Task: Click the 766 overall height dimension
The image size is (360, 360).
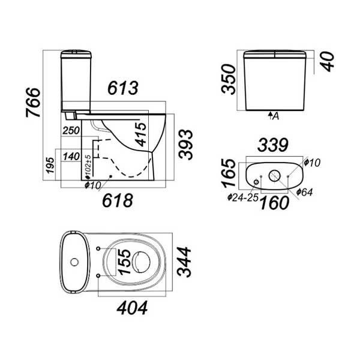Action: tap(33, 102)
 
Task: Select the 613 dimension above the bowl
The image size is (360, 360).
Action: tap(123, 88)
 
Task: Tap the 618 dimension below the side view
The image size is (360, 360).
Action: tap(118, 200)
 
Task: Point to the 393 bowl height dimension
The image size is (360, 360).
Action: tap(185, 144)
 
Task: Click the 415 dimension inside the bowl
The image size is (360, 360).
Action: tap(141, 134)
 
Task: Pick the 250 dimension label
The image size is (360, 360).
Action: tap(71, 130)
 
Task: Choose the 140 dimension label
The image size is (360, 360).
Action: tap(71, 157)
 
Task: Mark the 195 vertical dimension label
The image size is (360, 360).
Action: tap(50, 165)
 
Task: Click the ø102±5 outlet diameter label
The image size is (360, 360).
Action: tap(88, 167)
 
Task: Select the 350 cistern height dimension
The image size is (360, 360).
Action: tap(228, 79)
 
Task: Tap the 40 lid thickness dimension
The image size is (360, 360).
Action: tap(328, 62)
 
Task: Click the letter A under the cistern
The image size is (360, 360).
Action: tap(276, 116)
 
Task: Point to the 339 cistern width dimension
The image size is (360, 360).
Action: tap(273, 145)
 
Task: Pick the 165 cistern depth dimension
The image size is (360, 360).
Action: tap(229, 173)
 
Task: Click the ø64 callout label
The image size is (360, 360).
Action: tap(304, 192)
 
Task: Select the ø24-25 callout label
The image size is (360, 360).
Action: tap(243, 197)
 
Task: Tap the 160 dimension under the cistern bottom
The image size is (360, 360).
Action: tap(274, 203)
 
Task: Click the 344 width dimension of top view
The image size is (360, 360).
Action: tap(184, 262)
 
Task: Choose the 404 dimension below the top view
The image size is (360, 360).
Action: tap(132, 308)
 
